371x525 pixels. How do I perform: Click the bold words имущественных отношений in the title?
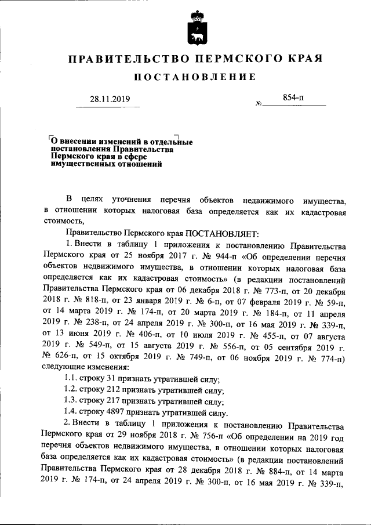tap(106, 164)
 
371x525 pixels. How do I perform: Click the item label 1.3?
tap(70, 401)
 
